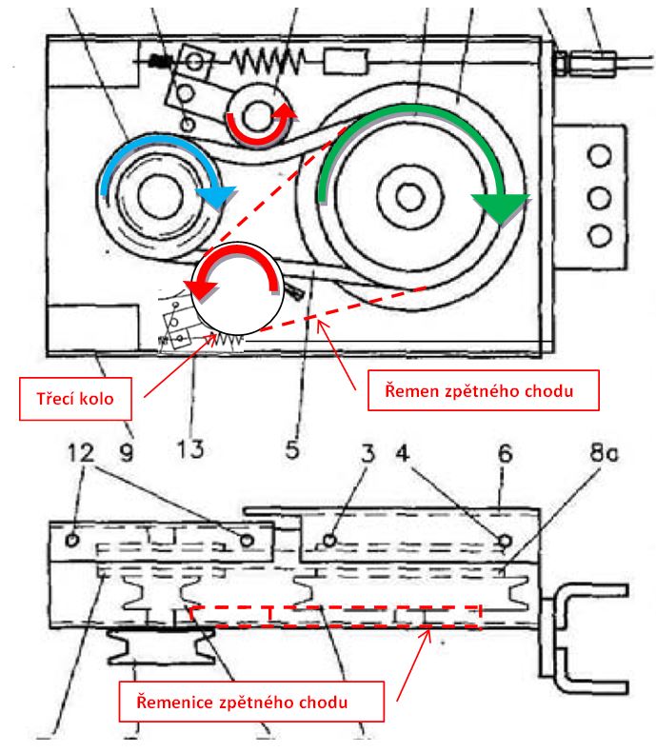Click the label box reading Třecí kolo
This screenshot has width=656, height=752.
point(75,399)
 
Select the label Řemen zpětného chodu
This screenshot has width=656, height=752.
point(484,390)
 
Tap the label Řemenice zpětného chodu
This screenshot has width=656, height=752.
point(251,702)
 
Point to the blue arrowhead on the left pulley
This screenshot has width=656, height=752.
point(217,197)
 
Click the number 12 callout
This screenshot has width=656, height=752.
point(81,452)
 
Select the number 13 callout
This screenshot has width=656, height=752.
point(190,449)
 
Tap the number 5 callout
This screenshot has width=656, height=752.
point(292,450)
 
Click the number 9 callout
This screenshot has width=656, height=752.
point(127,452)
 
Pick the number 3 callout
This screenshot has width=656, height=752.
point(368,453)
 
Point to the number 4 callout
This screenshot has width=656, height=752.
point(403,453)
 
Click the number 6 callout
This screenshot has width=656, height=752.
point(506,453)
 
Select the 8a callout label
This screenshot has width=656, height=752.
point(604,453)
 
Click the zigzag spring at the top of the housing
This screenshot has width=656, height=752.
point(268,61)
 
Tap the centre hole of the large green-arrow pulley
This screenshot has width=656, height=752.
point(409,196)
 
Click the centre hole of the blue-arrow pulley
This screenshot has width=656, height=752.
point(160,194)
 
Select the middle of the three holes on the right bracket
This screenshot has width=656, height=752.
point(600,198)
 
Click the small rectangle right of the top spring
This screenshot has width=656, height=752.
point(346,62)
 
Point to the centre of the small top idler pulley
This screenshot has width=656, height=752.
point(257,115)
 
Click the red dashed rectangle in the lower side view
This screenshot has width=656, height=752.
point(336,616)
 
